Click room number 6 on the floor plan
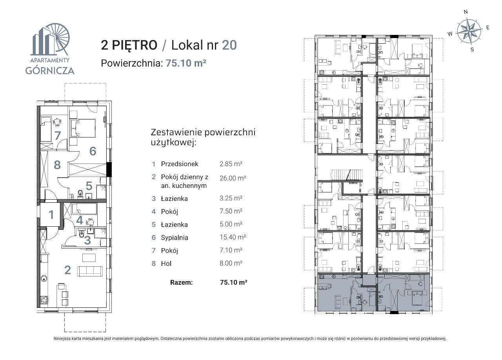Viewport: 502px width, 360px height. tap(93, 151)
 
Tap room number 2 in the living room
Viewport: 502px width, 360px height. tap(67, 270)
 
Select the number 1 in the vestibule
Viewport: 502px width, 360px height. tap(51, 215)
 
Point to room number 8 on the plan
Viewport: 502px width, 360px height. tap(57, 165)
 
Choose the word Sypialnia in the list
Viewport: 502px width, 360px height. tap(175, 237)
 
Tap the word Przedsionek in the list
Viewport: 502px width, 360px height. tap(180, 164)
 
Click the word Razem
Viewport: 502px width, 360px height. tap(182, 282)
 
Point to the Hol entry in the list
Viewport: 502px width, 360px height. tap(166, 264)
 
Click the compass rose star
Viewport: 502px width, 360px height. tap(469, 31)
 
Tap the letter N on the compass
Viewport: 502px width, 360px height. tap(466, 12)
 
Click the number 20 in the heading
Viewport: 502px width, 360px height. tap(229, 45)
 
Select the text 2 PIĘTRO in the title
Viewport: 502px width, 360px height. tap(129, 45)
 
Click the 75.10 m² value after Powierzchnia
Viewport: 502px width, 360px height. tap(186, 63)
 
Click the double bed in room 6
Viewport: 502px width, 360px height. tap(84, 128)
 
